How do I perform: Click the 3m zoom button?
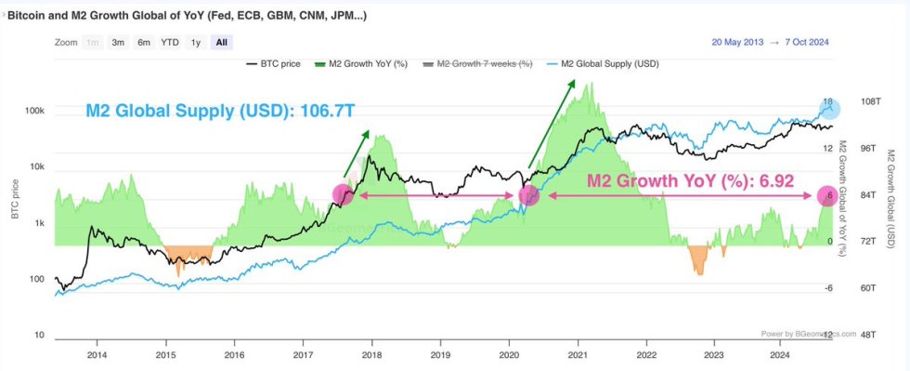point(118,42)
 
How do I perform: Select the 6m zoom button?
point(144,42)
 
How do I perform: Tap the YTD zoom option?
point(170,42)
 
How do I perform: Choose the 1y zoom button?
point(195,42)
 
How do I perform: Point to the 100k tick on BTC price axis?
point(33,112)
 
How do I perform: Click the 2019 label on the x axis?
point(440,354)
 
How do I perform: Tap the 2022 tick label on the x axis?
point(645,354)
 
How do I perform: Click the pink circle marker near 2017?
point(343,194)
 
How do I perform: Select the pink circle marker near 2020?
point(528,195)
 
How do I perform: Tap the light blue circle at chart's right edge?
point(829,109)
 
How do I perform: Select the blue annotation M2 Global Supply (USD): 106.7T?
point(220,111)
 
